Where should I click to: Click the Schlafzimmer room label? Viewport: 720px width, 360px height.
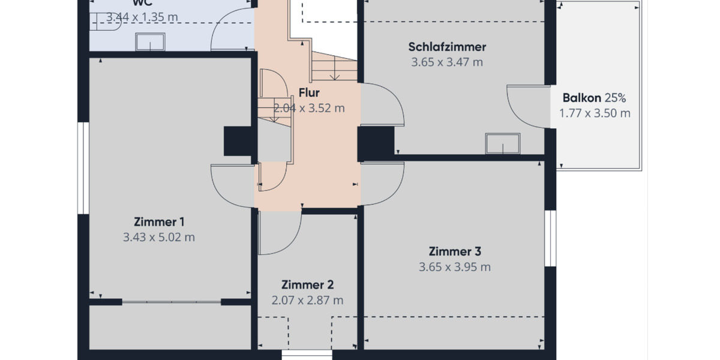[x=447, y=47]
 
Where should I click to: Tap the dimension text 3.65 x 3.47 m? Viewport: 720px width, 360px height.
[x=447, y=62]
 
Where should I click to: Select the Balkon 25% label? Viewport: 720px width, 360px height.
[x=594, y=98]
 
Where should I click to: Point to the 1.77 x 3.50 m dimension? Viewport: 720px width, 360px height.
[x=595, y=113]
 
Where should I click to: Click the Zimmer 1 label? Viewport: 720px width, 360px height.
[x=159, y=221]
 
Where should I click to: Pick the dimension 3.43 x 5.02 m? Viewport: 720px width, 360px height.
[x=159, y=237]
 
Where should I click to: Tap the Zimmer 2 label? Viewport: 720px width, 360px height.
[x=307, y=285]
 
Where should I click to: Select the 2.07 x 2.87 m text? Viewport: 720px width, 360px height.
[x=307, y=301]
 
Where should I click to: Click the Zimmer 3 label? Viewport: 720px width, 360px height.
[x=455, y=251]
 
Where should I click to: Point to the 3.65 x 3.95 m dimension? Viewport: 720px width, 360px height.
[x=455, y=267]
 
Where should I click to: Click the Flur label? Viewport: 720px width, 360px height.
[x=309, y=93]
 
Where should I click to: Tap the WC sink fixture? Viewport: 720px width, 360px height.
[x=150, y=42]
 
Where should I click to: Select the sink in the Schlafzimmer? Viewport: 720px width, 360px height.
[x=502, y=144]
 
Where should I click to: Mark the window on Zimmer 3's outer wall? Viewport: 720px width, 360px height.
[x=548, y=238]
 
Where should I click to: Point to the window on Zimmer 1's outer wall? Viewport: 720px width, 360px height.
[x=83, y=168]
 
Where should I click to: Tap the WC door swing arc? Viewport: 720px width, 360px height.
[x=231, y=27]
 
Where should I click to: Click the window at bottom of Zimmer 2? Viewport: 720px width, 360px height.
[x=307, y=355]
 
